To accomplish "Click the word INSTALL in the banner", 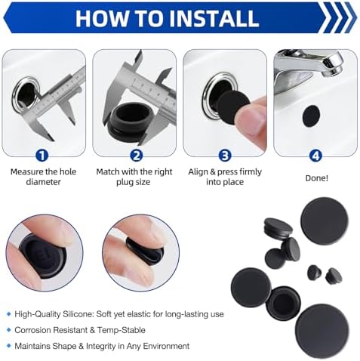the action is pyautogui.click(x=214, y=18).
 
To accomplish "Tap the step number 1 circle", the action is pyautogui.click(x=42, y=156).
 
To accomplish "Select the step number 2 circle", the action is pyautogui.click(x=137, y=156).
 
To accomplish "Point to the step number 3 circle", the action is pyautogui.click(x=225, y=156).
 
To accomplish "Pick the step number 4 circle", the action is pyautogui.click(x=315, y=156).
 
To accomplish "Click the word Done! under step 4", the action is pyautogui.click(x=316, y=178).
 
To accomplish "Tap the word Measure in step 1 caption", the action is pyautogui.click(x=26, y=172).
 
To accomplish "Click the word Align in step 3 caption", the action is pyautogui.click(x=198, y=172).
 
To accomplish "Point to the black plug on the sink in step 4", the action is pyautogui.click(x=311, y=116).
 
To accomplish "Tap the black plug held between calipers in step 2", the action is pyautogui.click(x=131, y=122).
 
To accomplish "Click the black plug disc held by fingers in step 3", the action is pyautogui.click(x=233, y=107).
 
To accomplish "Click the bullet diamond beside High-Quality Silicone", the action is pyautogui.click(x=9, y=314).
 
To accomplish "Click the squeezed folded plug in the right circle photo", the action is pyautogui.click(x=144, y=251).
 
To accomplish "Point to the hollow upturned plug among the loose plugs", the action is pyautogui.click(x=283, y=303).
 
